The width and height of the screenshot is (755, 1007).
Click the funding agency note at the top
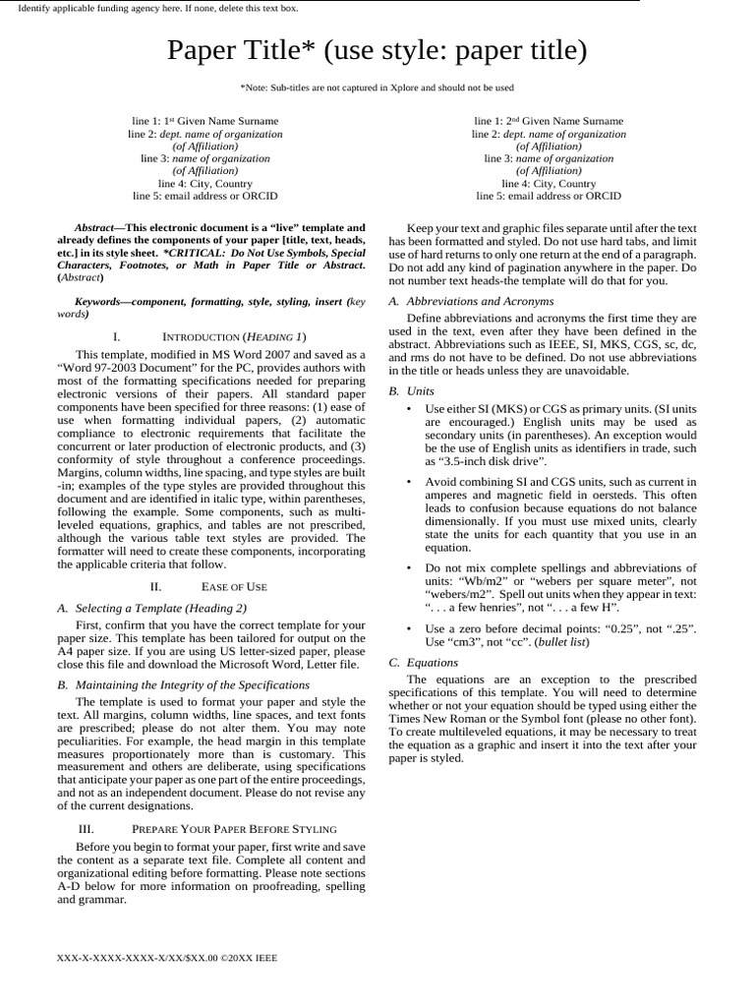158,8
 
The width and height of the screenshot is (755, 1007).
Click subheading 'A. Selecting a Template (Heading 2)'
152,608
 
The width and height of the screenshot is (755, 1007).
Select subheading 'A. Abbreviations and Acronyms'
471,301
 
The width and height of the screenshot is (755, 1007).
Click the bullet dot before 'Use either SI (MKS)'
408,408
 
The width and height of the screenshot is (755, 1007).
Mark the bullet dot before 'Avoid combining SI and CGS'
408,482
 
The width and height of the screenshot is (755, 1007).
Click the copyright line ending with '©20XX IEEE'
167,957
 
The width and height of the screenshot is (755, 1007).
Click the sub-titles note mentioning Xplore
377,88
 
